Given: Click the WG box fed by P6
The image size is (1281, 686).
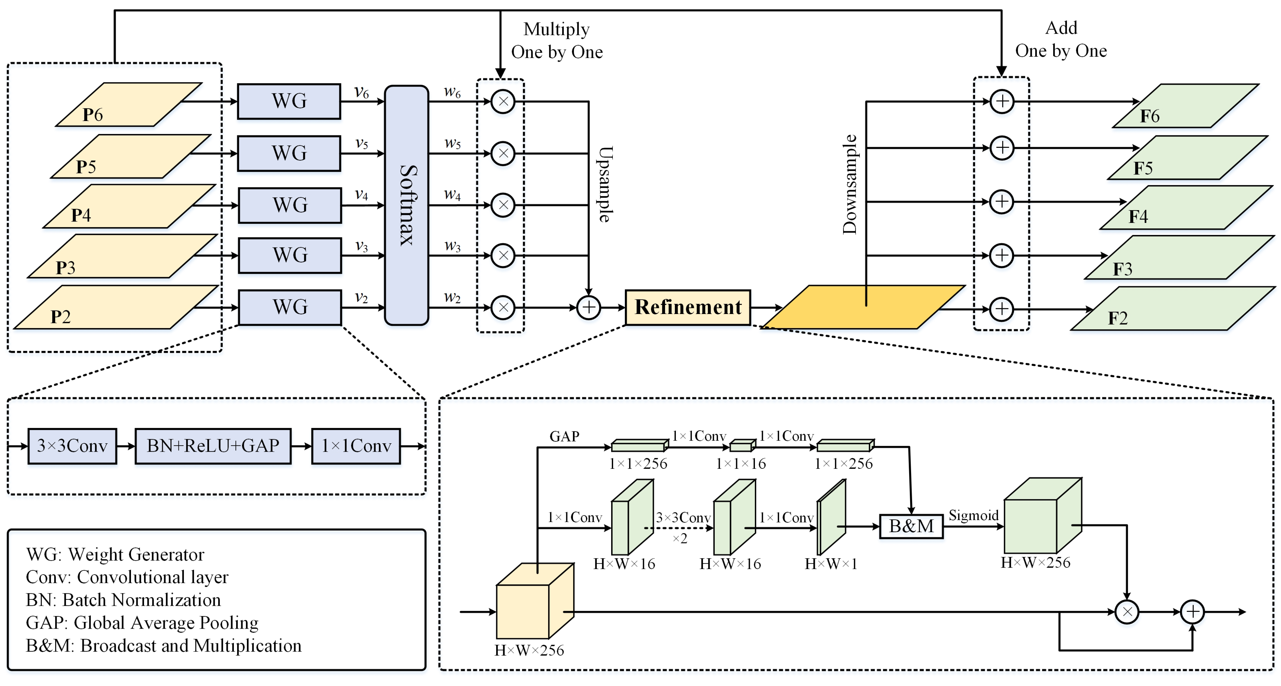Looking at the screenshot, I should [x=289, y=101].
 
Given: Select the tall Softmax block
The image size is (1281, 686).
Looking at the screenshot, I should [x=406, y=205].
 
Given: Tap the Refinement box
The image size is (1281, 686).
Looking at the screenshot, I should [x=688, y=307].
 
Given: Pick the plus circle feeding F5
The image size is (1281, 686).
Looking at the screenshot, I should [x=1002, y=148].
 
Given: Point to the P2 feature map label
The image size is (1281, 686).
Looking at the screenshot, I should [x=61, y=317].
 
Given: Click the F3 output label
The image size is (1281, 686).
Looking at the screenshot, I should [x=1122, y=269].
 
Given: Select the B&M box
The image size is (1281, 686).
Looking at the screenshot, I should [x=911, y=526].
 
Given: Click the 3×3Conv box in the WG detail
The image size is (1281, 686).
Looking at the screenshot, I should [x=72, y=446].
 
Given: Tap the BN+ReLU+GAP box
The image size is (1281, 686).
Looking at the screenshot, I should [x=213, y=446].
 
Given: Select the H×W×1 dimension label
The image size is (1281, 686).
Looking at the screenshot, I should [x=830, y=564].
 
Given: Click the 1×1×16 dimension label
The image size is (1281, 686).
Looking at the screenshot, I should [x=741, y=464].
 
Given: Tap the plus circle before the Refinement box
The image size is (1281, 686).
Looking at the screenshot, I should [x=588, y=307].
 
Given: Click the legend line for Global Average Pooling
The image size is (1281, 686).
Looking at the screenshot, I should [x=142, y=622].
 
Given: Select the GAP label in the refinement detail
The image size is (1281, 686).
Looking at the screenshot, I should [x=564, y=436].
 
